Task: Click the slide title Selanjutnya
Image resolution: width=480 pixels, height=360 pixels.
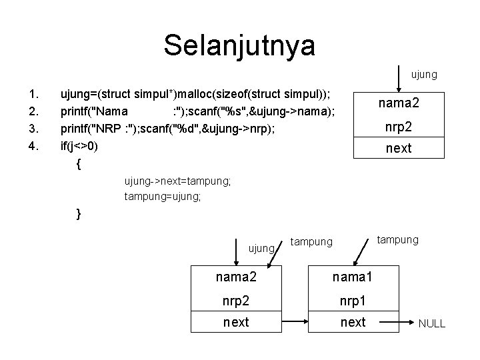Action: (x=239, y=45)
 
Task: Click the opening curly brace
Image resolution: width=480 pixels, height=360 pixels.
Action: (x=79, y=163)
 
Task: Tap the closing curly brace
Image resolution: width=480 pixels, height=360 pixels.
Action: (x=79, y=214)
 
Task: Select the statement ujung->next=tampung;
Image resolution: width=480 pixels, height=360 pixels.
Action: (x=177, y=181)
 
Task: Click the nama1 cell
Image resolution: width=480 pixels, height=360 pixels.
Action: (x=353, y=275)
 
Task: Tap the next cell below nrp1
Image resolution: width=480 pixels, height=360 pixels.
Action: (x=353, y=322)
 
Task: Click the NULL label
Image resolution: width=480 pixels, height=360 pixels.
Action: (x=431, y=324)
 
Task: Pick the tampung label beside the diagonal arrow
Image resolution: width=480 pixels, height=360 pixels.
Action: (x=398, y=239)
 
